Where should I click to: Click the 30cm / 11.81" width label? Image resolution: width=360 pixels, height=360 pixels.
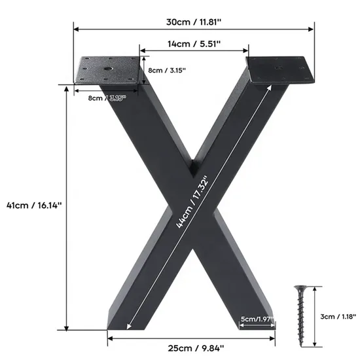194,21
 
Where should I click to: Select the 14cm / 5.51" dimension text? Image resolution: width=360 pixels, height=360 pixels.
194,43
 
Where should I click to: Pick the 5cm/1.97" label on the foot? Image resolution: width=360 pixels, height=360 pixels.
257,319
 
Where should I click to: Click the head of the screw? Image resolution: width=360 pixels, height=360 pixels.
301,288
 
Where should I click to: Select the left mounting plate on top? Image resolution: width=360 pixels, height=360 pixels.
109,70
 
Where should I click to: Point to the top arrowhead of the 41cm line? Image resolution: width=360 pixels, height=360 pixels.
65,88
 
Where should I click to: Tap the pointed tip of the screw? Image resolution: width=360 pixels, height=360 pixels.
302,346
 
